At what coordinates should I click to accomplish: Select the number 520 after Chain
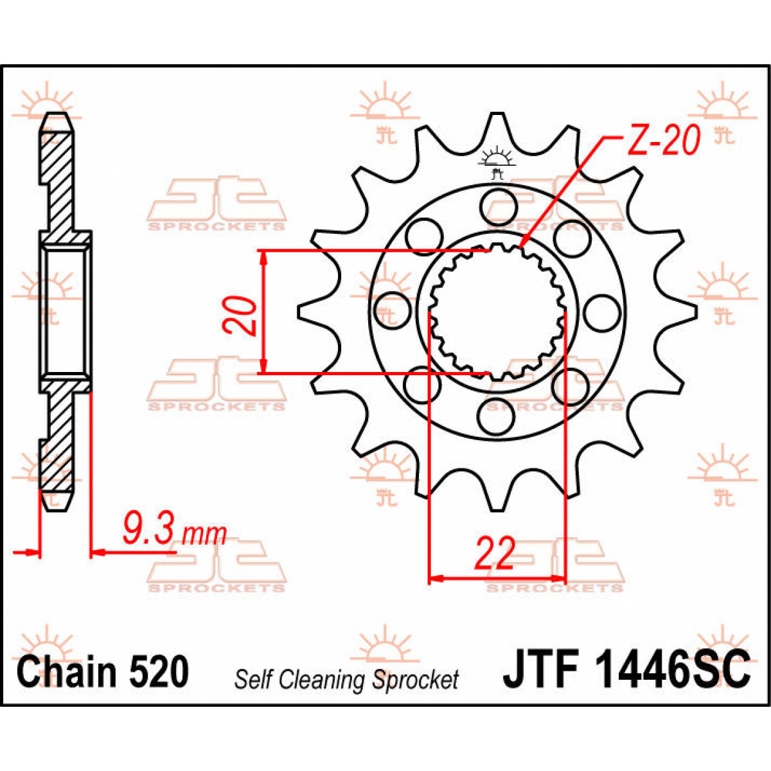coord(159,672)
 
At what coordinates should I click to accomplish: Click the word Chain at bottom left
coord(67,672)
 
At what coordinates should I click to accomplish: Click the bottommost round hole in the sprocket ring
coord(498,417)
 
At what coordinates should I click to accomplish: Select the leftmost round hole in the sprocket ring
coord(393,312)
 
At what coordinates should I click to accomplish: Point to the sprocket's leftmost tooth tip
coord(300,312)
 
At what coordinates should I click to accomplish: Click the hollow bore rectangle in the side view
coord(65,311)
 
